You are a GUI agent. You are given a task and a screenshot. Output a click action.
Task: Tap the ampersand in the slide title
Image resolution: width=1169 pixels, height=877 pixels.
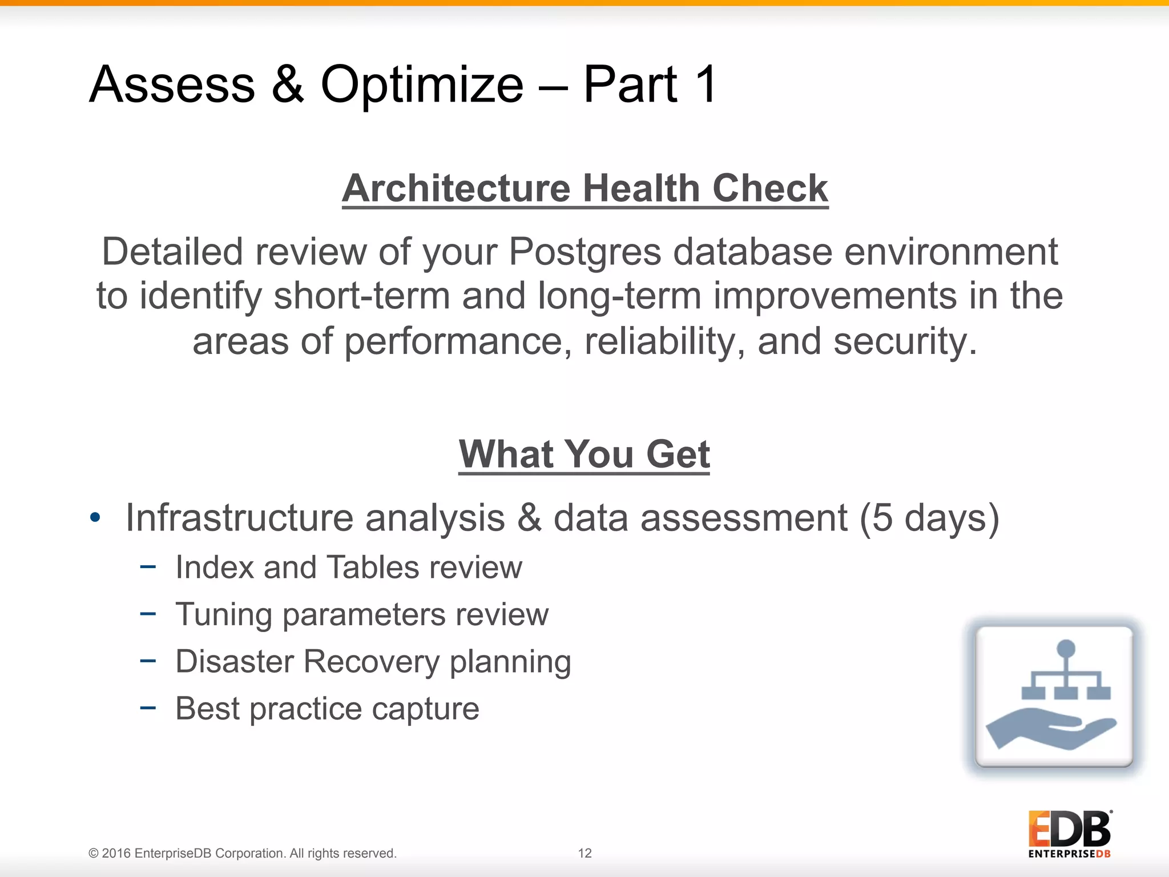click(x=288, y=85)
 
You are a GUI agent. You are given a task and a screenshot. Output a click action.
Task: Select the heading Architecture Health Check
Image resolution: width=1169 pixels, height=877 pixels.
click(x=585, y=188)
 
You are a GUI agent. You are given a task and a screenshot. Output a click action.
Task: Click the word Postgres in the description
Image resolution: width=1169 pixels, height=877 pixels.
click(x=585, y=252)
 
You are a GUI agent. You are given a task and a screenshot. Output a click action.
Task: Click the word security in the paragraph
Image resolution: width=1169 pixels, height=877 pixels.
click(x=904, y=341)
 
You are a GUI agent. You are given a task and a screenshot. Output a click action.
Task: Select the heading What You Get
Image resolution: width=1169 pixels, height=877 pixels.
click(x=584, y=454)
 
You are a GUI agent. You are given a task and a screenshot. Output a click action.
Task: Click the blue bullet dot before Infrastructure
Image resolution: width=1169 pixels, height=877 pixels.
click(x=95, y=518)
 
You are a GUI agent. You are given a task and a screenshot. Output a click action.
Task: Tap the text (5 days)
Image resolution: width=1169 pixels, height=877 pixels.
click(x=929, y=518)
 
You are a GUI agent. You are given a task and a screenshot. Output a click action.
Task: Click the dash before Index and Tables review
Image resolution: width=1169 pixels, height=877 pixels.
click(x=148, y=567)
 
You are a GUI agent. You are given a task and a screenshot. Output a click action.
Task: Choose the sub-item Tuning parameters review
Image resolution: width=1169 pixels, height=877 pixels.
click(x=361, y=615)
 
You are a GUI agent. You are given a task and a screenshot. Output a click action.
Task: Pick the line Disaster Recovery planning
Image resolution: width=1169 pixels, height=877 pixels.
click(x=373, y=662)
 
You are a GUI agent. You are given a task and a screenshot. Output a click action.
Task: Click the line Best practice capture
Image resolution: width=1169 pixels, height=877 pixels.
click(x=327, y=709)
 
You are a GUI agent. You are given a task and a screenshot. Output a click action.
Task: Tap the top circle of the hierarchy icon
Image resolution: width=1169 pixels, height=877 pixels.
click(x=1066, y=649)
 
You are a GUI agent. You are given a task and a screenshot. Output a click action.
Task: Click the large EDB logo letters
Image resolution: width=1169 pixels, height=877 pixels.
click(x=1070, y=829)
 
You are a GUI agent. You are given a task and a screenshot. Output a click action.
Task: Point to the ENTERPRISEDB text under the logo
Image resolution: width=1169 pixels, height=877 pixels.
click(x=1069, y=854)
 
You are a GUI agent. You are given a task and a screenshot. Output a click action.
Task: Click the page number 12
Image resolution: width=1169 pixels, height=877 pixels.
click(x=584, y=853)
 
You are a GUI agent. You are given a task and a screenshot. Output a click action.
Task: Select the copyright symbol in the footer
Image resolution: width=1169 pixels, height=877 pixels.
click(x=94, y=854)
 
